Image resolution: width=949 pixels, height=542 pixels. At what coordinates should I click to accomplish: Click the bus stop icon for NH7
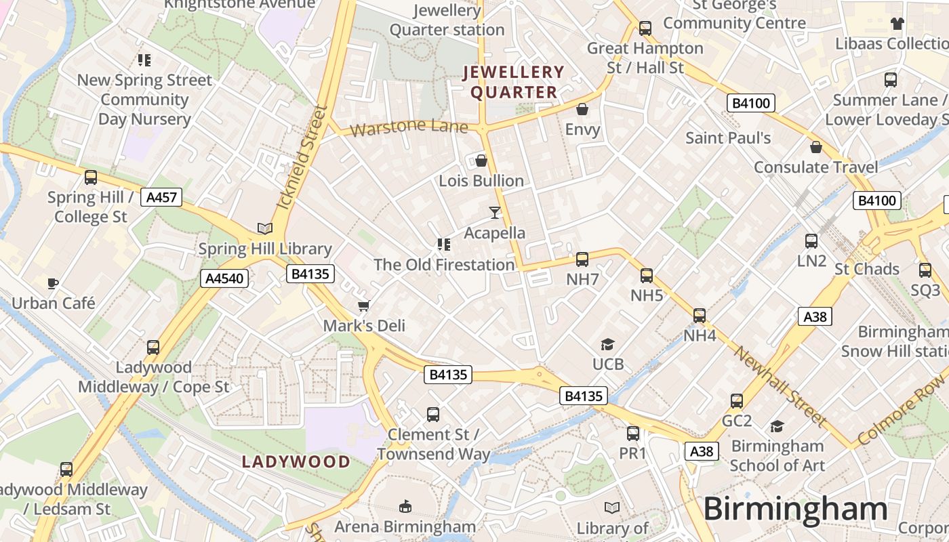coord(582,259)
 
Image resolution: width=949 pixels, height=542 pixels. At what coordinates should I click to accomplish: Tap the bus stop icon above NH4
coord(700,316)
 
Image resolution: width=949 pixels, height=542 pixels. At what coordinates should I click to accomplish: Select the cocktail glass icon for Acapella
coord(495,213)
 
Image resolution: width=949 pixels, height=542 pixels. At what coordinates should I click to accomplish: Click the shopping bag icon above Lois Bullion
coord(481,161)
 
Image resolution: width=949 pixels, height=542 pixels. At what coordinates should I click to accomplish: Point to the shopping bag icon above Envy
coord(582,109)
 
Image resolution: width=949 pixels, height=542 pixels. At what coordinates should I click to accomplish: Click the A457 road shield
coord(161,198)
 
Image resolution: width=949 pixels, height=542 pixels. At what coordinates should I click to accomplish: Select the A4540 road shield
coord(224,278)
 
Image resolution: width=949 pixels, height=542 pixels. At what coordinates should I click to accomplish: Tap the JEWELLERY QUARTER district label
coord(513,82)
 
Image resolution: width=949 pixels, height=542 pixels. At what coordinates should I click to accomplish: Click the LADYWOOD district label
coord(296,462)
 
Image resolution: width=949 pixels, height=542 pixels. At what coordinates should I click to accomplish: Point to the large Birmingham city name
coord(795,509)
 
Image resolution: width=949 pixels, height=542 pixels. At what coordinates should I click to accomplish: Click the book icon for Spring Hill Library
coord(264,229)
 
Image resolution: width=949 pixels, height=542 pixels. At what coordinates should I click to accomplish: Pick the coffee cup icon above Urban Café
coord(53,283)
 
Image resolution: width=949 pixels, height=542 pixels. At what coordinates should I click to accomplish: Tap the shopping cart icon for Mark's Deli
coord(364,306)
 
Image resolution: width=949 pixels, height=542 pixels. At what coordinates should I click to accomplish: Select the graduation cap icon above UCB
coord(607,345)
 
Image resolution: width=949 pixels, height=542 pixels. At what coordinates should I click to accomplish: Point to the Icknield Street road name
coord(302,157)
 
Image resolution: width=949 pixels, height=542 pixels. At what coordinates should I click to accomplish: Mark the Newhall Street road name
coord(780,387)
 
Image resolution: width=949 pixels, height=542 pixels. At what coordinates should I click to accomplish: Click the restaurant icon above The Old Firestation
coord(444,245)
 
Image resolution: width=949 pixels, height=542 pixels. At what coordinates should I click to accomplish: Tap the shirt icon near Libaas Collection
coord(897,24)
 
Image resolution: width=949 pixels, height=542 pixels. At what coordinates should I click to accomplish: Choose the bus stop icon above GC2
coord(737,401)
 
